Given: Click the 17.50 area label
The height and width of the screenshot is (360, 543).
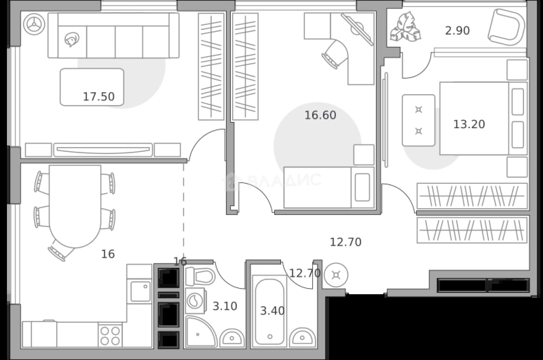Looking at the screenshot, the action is pos(99,96).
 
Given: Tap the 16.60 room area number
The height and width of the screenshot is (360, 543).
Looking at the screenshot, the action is pos(320,115).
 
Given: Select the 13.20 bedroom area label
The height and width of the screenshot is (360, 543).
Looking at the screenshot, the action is pos(469,124).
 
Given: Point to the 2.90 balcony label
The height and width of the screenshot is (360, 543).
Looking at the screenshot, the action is pos(457,31).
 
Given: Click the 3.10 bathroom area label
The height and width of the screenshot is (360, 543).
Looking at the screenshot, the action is pos(225,306).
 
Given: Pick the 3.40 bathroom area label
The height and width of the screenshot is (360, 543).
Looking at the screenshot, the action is pos(272,311).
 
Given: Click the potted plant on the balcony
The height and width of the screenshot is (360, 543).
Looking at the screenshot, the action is pos(405,27).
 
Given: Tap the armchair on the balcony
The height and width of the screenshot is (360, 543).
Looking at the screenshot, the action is pos(507,27).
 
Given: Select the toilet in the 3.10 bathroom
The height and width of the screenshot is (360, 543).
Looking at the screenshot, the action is pos(200,276).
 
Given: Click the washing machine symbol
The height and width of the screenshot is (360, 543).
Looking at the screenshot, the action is pos(196,301).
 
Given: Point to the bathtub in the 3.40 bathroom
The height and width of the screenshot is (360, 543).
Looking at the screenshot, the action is pos(270,311).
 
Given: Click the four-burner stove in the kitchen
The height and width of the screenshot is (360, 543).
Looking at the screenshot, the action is pos(110,335).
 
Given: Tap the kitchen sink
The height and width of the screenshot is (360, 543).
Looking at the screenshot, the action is pos(140,291).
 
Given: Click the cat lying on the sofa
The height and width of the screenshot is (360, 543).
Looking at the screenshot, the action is pos(72,39).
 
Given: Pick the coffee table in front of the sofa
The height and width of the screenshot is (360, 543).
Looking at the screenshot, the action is pos(92,87).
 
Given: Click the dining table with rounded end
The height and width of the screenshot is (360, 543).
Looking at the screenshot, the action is pos(75,206).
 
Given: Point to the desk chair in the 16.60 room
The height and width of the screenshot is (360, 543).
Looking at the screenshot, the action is pos(335,54).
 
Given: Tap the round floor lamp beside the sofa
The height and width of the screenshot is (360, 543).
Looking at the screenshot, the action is pos(34,24).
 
